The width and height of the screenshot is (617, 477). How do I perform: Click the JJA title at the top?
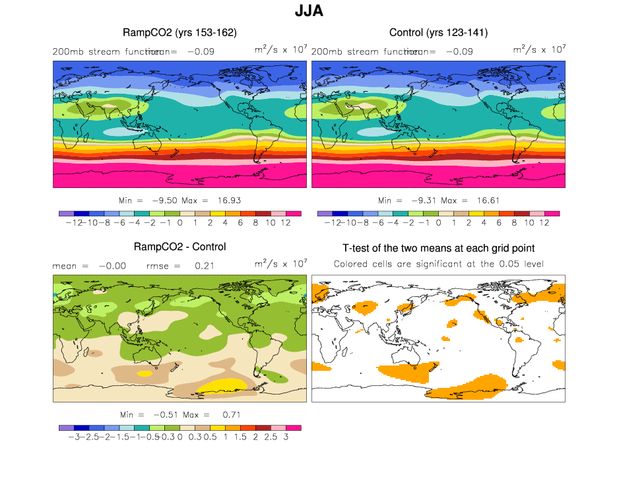308,11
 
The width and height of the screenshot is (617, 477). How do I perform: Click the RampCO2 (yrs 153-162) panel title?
179,32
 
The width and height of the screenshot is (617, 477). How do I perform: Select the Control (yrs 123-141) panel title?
438,32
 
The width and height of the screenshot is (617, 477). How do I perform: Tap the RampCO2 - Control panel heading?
179,247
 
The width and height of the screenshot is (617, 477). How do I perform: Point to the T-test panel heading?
438,248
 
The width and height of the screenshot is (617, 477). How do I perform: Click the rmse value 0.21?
201,266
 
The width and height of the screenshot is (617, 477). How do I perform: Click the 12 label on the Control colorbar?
544,222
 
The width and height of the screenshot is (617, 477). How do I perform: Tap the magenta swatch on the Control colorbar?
552,214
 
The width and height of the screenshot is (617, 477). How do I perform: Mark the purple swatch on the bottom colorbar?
66,428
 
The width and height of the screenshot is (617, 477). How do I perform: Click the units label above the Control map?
539,49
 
